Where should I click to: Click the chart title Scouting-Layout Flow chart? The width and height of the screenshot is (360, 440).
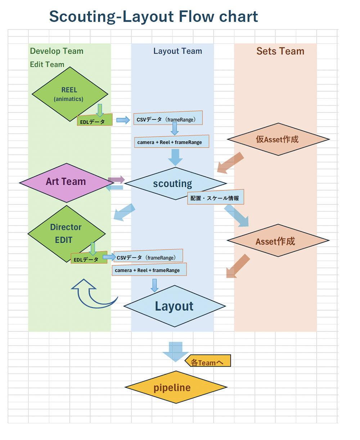(153, 17)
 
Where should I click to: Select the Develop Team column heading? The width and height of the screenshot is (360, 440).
(57, 51)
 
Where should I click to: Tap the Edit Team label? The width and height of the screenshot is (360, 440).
(47, 65)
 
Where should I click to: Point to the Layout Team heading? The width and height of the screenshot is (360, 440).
(177, 51)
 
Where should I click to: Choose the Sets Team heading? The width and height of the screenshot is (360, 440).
(280, 51)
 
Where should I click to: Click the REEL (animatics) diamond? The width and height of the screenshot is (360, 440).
(69, 94)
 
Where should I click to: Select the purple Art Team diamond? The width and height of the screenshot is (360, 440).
(66, 182)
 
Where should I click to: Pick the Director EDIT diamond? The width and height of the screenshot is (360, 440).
(66, 233)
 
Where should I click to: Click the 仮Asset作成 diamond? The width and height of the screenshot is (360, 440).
(278, 139)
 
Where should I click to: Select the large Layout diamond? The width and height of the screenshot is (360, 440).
(174, 306)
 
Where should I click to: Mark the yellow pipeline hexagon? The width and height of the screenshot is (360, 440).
(176, 387)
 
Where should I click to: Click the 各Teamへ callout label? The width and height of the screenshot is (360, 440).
(208, 361)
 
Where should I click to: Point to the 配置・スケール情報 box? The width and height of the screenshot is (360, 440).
(215, 197)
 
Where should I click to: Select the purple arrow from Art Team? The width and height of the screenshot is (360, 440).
(116, 179)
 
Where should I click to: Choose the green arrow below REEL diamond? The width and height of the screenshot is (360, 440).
(100, 110)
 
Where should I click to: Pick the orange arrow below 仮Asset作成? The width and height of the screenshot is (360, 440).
(231, 162)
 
